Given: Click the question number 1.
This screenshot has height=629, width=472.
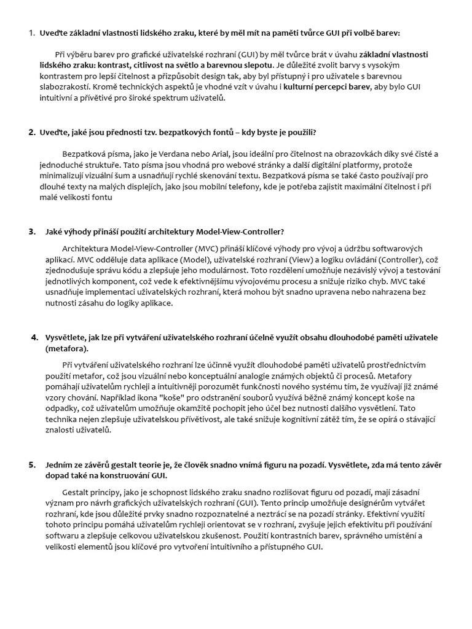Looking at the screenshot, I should (x=31, y=33).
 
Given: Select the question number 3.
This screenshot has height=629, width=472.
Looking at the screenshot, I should (x=31, y=232).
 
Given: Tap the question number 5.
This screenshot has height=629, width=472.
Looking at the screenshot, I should (x=31, y=464).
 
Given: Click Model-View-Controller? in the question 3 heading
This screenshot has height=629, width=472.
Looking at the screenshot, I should (x=240, y=232).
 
